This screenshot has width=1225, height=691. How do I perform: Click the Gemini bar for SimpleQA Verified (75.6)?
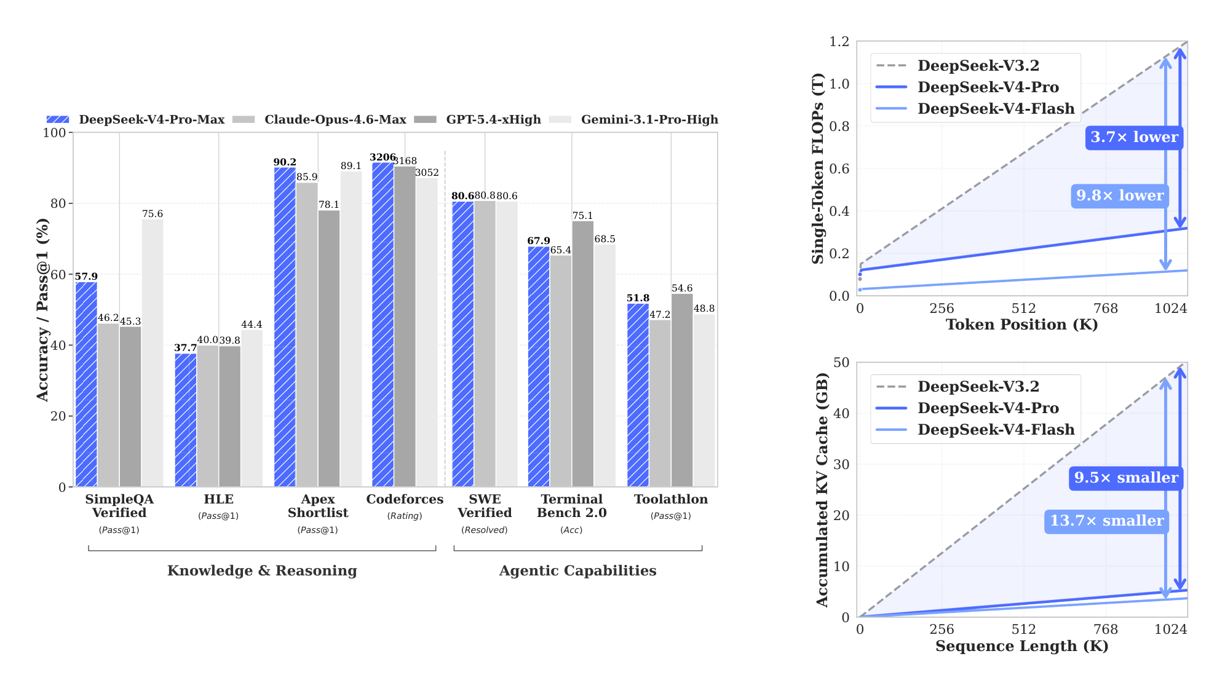[x=153, y=353]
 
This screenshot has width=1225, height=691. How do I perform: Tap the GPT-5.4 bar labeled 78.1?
[x=328, y=349]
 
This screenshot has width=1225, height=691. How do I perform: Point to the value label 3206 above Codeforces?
[x=383, y=157]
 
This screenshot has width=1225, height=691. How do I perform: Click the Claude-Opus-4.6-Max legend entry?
[x=335, y=119]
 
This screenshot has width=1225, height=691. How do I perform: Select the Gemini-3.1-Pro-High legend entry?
[x=649, y=119]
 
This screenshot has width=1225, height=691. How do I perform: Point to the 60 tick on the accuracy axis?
[x=58, y=274]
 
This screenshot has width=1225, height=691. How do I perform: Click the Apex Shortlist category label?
[x=317, y=506]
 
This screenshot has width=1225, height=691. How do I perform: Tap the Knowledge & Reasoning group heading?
[x=262, y=571]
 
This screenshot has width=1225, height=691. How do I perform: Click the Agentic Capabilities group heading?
[x=577, y=571]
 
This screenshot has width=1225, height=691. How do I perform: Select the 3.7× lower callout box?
[x=1134, y=137]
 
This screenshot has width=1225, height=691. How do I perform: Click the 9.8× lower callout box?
[x=1119, y=195]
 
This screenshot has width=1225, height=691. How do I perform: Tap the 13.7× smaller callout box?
[x=1106, y=521]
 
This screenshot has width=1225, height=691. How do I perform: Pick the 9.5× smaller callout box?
[x=1126, y=478]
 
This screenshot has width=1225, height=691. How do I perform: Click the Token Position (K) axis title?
[x=1021, y=325]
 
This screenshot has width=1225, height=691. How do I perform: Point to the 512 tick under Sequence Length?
[x=1023, y=629]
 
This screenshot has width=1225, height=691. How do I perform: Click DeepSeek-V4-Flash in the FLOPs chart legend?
[x=996, y=109]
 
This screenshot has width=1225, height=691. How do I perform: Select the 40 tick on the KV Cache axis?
[x=841, y=413]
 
